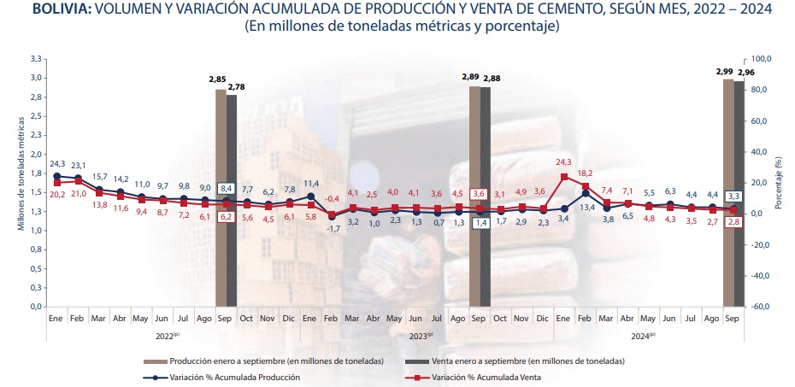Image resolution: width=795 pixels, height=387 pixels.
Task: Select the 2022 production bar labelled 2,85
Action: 221,196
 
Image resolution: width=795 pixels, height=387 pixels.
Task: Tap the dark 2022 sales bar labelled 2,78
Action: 232,200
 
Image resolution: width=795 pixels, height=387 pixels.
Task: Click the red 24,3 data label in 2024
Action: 562,161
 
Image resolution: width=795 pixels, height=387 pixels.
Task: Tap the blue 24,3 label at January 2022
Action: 57,163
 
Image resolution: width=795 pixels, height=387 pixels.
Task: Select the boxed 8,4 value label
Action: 227,188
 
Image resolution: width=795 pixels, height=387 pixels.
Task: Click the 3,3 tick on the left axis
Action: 36,59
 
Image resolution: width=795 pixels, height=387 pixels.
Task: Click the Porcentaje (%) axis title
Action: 779,183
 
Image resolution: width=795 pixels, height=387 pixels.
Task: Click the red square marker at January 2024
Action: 563,178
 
